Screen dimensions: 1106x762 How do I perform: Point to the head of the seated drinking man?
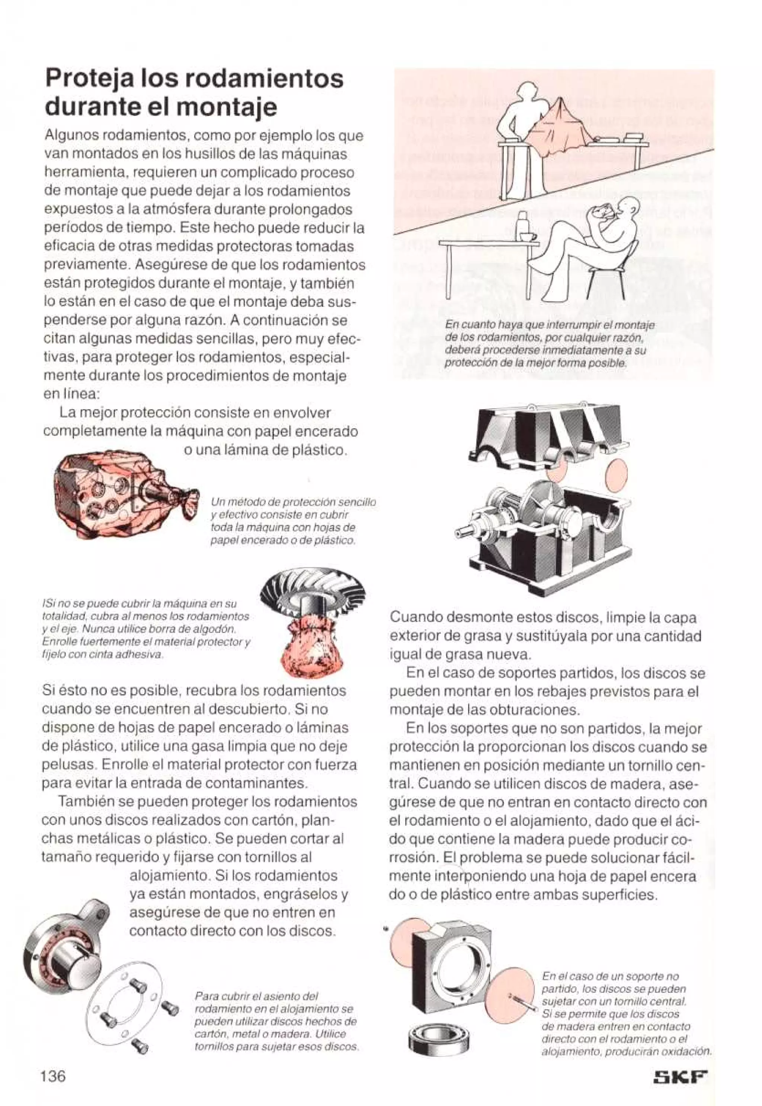tap(627, 206)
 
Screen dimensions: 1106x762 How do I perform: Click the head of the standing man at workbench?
tap(528, 91)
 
